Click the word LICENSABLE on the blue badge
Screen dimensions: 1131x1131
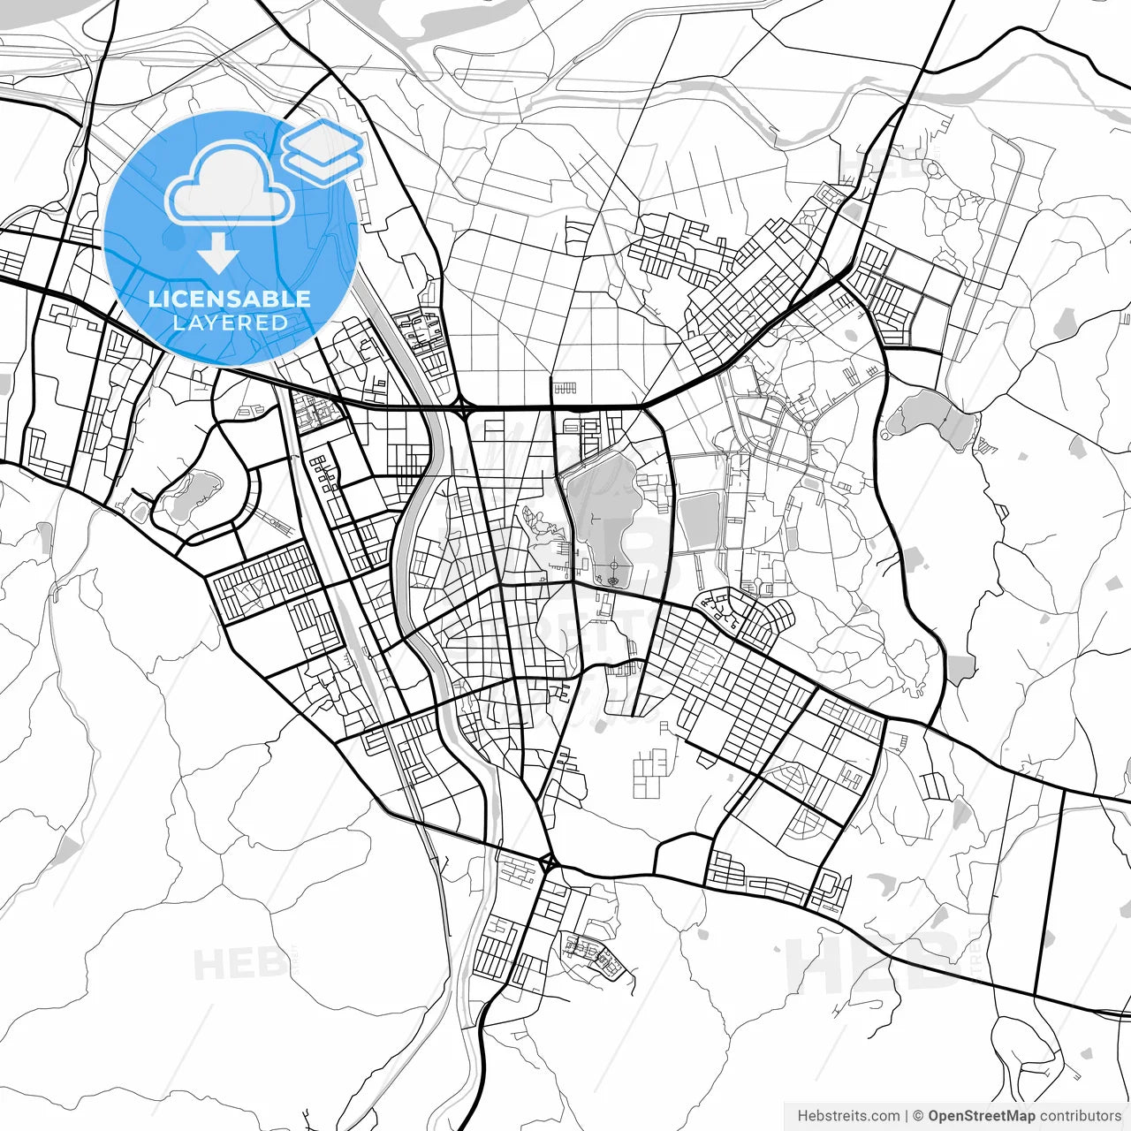(230, 299)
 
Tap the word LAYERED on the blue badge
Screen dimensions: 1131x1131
(230, 323)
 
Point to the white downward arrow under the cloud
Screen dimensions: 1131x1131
(218, 257)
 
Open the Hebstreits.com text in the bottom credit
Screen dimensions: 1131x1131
(848, 1116)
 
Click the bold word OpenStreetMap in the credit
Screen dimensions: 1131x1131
(980, 1116)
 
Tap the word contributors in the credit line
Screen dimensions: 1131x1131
(1079, 1116)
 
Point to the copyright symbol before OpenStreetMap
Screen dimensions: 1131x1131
(918, 1116)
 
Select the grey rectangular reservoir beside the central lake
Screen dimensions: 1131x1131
(697, 520)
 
